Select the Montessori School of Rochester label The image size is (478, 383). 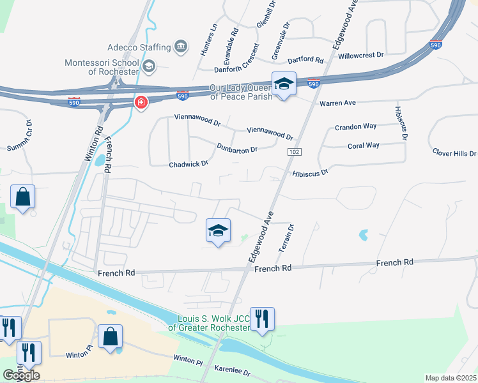click(102, 67)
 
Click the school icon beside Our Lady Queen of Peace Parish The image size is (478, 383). click(283, 84)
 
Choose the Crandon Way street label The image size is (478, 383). click(356, 126)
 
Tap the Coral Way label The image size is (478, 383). click(364, 146)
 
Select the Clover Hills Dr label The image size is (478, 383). click(454, 153)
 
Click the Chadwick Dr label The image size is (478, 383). click(189, 164)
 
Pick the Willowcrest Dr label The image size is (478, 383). click(361, 56)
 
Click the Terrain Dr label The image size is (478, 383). click(285, 237)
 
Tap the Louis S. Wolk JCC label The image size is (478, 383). click(209, 322)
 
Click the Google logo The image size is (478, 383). click(21, 375)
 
